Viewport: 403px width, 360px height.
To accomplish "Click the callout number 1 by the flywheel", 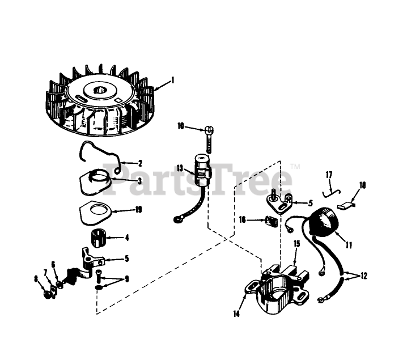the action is click(x=173, y=81).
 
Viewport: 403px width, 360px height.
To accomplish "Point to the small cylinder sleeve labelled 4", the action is click(x=99, y=239).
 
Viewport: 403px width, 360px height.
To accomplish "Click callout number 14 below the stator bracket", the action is click(x=236, y=314).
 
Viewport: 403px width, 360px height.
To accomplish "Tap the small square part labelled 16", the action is click(x=271, y=222).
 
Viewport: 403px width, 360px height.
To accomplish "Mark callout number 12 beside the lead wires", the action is click(x=364, y=276).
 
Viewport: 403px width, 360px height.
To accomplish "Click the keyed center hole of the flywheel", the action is click(x=100, y=90).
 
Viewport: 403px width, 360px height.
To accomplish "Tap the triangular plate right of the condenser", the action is click(x=279, y=204).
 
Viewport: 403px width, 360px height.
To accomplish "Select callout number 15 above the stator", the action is click(x=297, y=244).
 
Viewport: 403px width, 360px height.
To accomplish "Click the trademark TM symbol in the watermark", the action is click(x=296, y=167).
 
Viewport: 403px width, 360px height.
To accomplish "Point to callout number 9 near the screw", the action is click(x=127, y=279).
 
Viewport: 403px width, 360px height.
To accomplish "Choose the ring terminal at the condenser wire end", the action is click(x=177, y=219).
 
